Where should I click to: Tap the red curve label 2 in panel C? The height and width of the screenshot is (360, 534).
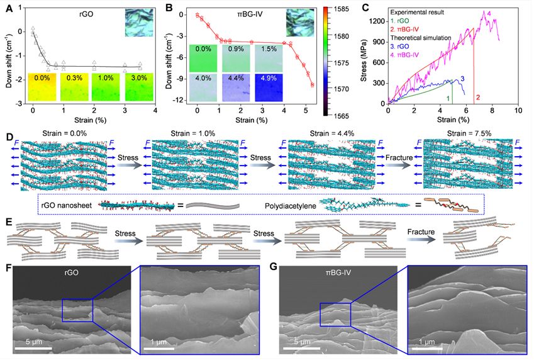[479, 98]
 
